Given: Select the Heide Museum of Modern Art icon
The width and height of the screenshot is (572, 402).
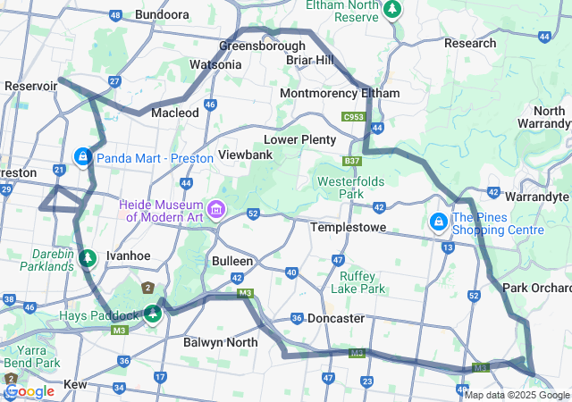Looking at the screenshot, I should [214, 210].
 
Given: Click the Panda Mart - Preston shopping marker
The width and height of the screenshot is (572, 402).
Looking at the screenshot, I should [83, 158].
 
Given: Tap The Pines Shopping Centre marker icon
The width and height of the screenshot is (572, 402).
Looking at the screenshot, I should [439, 222].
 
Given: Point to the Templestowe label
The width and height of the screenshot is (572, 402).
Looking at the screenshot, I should [348, 228].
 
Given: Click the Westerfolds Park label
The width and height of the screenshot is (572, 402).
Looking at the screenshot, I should [353, 188].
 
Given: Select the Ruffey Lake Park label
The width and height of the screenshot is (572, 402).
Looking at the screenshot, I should [357, 282].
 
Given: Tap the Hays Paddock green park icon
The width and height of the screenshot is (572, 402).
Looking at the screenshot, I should [154, 314].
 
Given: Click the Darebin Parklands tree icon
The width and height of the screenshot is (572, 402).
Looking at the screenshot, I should [87, 259].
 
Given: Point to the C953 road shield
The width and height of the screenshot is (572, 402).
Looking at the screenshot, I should [354, 117].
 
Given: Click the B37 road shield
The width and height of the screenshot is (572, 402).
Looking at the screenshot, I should [352, 162].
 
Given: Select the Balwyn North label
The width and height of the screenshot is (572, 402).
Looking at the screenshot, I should [220, 342].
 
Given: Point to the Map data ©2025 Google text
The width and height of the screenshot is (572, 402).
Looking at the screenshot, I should [517, 395].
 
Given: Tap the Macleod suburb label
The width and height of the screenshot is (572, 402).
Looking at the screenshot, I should [175, 113].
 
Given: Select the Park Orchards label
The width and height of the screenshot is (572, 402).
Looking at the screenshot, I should [536, 288].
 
